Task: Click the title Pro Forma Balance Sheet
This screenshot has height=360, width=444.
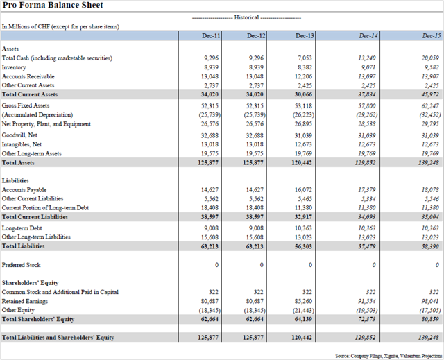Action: pos(53,6)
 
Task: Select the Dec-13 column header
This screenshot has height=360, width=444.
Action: pos(305,35)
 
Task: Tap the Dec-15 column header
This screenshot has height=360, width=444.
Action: pos(432,35)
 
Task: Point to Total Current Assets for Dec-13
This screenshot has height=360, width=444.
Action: pos(304,94)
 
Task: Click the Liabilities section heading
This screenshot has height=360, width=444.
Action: pos(15,180)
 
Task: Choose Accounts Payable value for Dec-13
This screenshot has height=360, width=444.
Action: pos(305,189)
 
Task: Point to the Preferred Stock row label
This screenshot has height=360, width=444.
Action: pos(22,264)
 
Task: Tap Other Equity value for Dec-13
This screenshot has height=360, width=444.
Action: pos(302,310)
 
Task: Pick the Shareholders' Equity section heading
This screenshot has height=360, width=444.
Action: pos(31,283)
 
